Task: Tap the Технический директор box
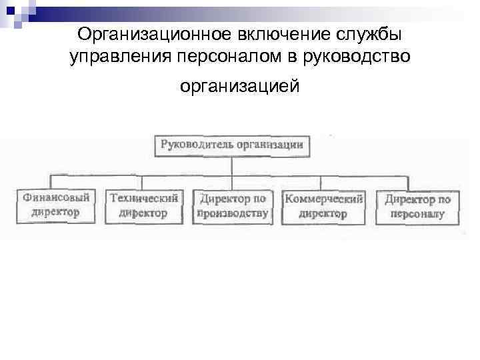click(x=143, y=205)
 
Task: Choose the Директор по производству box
click(x=232, y=206)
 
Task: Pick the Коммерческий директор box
click(x=323, y=206)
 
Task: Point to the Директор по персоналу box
click(x=417, y=207)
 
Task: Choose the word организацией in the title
click(x=240, y=87)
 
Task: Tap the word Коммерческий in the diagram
click(x=323, y=199)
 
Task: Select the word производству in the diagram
click(x=233, y=214)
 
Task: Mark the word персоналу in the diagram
click(x=417, y=215)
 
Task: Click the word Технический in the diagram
click(x=143, y=198)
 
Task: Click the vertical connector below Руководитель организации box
click(x=231, y=166)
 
